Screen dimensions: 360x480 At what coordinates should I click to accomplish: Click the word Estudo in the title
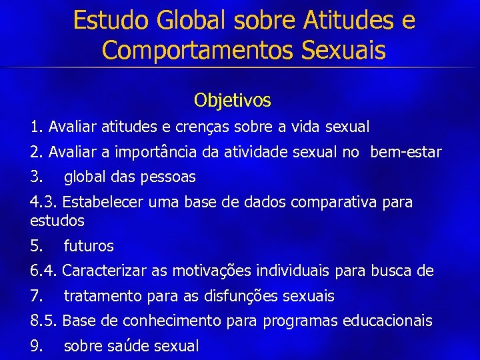click(111, 20)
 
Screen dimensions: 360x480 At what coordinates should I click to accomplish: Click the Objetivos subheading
click(233, 101)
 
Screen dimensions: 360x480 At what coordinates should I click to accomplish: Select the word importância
click(155, 152)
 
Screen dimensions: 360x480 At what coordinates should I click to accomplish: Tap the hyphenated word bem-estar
click(406, 152)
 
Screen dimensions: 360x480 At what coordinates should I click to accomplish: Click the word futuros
click(89, 246)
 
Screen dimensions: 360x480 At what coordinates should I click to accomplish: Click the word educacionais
click(387, 321)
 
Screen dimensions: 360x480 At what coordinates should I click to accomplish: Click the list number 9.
click(36, 347)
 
